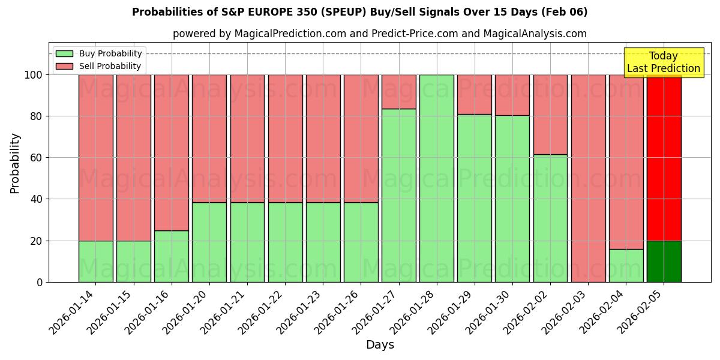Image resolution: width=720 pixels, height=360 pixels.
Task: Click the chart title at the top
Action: click(x=359, y=12)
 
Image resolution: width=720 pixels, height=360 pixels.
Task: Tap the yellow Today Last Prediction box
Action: click(x=663, y=62)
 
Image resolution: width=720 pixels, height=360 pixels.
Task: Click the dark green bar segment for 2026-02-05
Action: click(x=664, y=261)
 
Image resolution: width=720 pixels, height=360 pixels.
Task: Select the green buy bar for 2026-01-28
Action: click(x=437, y=178)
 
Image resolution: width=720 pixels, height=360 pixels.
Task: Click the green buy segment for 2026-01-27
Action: click(x=399, y=195)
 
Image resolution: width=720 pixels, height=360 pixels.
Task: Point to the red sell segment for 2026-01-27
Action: click(x=399, y=92)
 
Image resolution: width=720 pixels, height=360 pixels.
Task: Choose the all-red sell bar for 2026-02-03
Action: click(x=588, y=178)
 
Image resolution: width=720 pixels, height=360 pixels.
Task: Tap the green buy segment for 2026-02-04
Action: click(x=626, y=265)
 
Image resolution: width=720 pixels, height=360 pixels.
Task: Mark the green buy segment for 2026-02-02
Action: click(x=550, y=218)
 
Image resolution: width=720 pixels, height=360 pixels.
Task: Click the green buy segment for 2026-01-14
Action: click(x=96, y=261)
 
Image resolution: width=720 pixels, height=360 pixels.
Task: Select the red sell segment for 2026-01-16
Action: click(x=172, y=152)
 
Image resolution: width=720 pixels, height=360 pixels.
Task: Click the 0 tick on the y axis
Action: click(x=40, y=282)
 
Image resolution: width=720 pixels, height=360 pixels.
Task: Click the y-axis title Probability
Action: click(x=15, y=163)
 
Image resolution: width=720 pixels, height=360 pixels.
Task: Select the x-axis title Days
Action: click(x=380, y=345)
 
